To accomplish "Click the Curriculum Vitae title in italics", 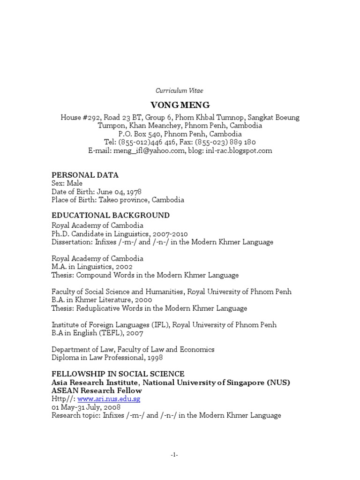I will pos(180,90).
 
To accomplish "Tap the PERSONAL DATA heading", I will pos(85,175).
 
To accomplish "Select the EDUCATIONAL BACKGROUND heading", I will pos(111,215).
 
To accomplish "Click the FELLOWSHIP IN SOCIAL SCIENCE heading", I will pos(118,374).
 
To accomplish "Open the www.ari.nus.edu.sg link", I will pos(109,399).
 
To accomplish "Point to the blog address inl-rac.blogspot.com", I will pos(239,150).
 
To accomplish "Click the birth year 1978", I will pos(133,192).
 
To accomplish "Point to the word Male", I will pos(75,183).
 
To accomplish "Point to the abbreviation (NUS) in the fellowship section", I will pos(279,382).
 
